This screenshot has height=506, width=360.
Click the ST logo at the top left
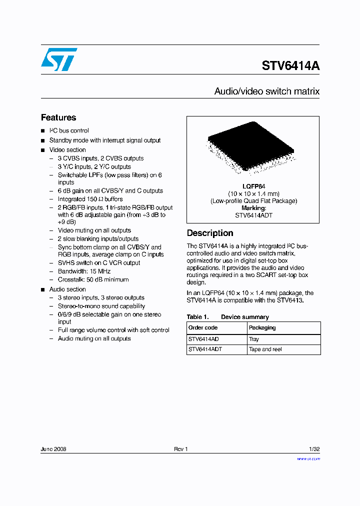pos(59,59)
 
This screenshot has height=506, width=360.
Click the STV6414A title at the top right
pos(290,66)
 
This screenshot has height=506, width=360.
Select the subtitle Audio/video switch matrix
pos(266,91)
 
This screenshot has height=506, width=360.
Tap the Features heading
pos(58,117)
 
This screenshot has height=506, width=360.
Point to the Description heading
pos(210,233)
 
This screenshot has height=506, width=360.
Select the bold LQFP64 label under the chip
pos(253,186)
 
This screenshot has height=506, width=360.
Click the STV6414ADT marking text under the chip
pos(253,215)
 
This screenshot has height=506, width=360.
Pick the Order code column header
pos(203,327)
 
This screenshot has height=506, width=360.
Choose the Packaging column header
pos(262,327)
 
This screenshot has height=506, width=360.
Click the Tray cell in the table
pos(254,339)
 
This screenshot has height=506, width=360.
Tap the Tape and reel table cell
pos(265,349)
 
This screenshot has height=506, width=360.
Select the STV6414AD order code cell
pos(203,339)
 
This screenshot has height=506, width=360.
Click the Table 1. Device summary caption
pos(227,317)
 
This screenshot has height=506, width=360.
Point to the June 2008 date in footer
pos(53,449)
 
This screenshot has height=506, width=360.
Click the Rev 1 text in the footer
pos(180,449)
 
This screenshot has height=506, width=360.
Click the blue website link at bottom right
pos(308,458)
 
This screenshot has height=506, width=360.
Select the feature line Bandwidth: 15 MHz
pos(86,271)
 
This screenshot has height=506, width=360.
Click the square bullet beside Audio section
pos(43,289)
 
